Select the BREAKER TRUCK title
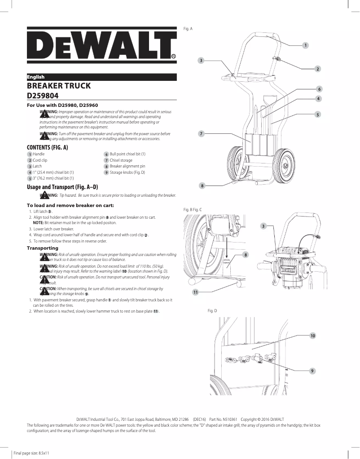(x=59, y=86)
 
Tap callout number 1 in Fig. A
(x=305, y=45)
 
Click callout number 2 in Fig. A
(x=317, y=69)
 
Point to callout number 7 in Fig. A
(x=202, y=134)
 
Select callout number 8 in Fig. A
(x=202, y=185)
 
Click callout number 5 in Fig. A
(x=317, y=115)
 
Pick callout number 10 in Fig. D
(x=312, y=335)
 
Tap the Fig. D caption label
(x=212, y=311)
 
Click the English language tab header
(x=35, y=77)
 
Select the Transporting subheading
(x=43, y=248)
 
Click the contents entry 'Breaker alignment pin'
(x=127, y=166)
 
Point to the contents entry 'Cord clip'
(x=40, y=160)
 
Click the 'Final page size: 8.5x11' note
(x=31, y=453)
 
